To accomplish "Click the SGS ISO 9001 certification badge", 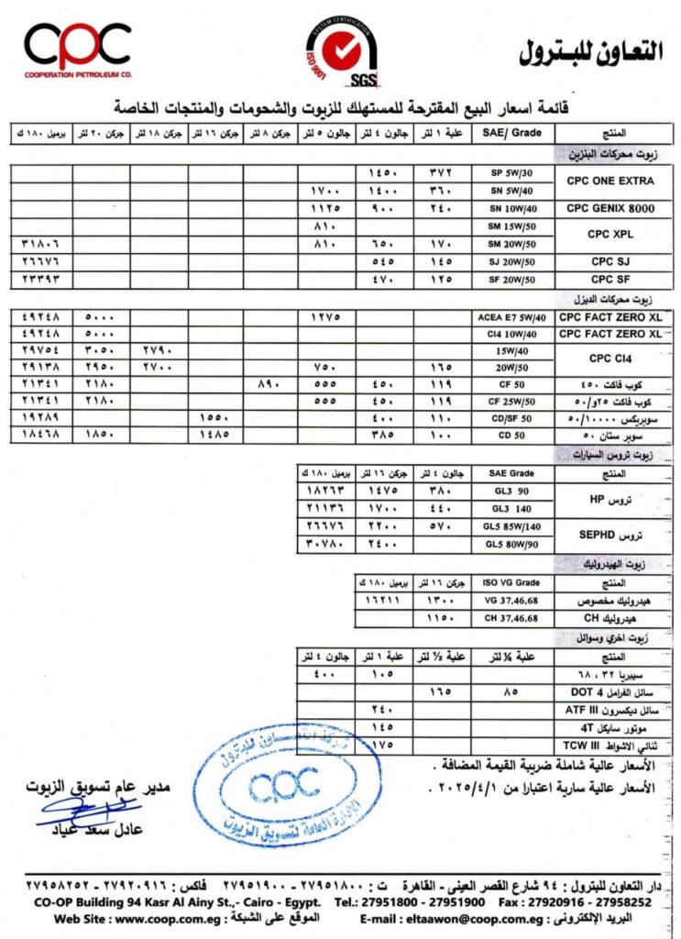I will [341, 54].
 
